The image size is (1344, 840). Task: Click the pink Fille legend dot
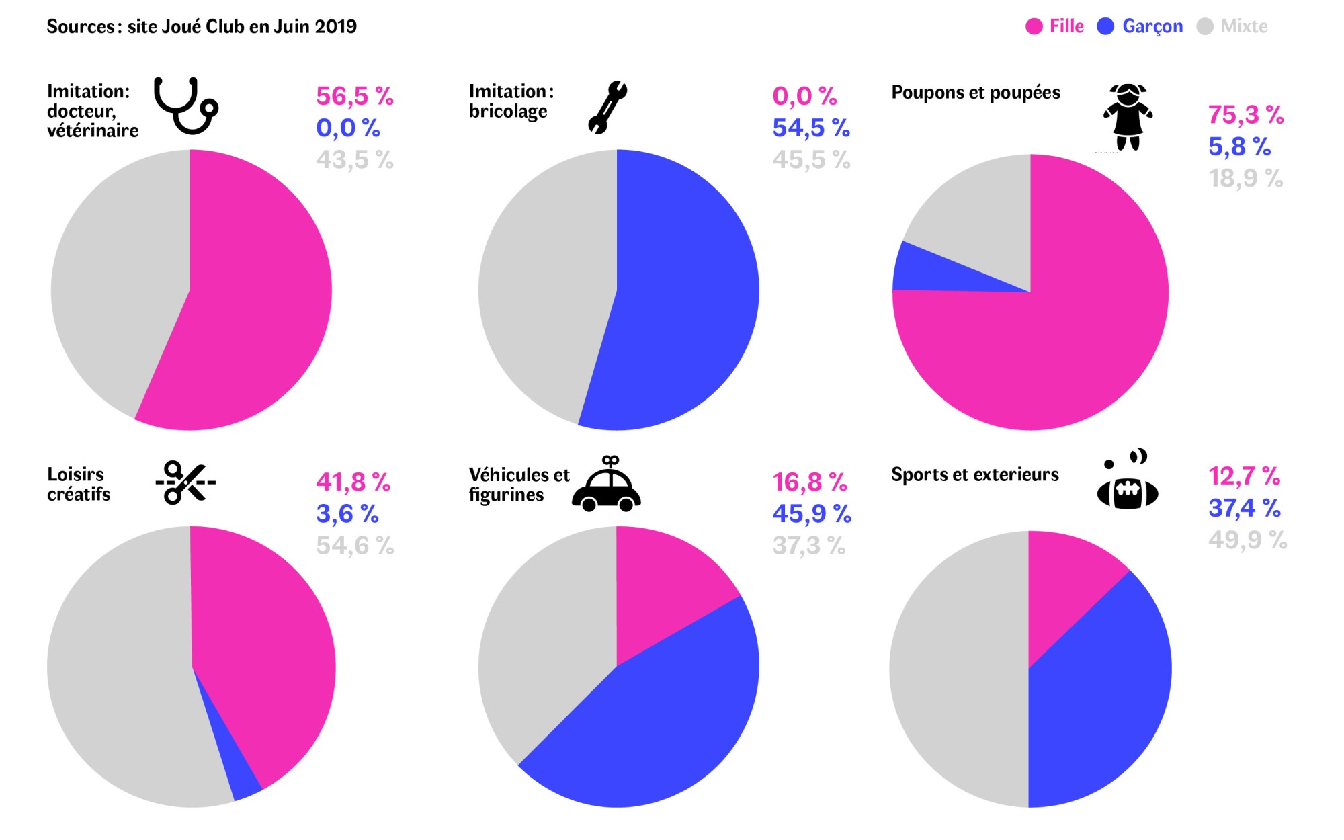(1034, 27)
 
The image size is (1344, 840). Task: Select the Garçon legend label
(1152, 27)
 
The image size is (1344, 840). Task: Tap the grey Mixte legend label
(1244, 27)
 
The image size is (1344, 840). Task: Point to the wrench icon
(607, 108)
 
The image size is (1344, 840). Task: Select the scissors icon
(185, 482)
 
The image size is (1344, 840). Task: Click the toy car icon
(606, 485)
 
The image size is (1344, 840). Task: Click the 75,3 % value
(1245, 115)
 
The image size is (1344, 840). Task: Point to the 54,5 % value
(810, 128)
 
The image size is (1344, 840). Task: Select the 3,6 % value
(347, 514)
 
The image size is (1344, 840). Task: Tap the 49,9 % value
(1247, 540)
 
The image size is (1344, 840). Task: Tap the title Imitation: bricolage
(511, 101)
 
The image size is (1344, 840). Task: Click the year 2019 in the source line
(335, 27)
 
